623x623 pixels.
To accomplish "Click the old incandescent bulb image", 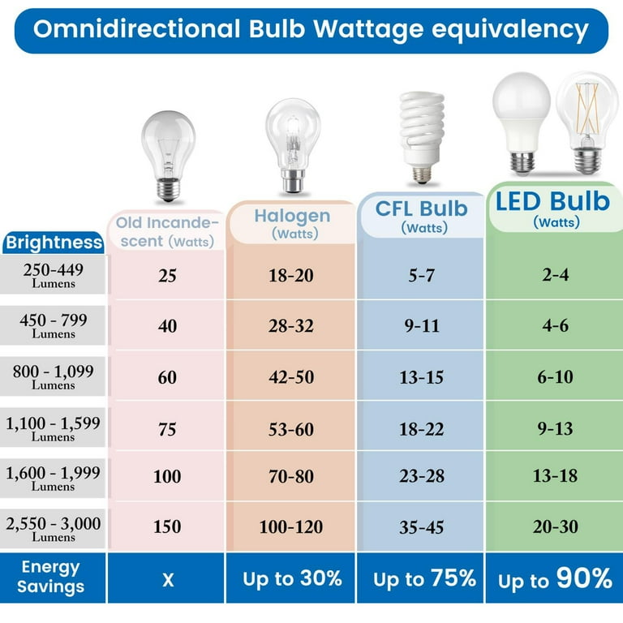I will pos(168,157).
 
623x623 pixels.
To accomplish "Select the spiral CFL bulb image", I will pos(422,135).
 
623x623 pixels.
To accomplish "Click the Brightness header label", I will pos(54,243).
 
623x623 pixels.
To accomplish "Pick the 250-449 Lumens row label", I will pos(54,275).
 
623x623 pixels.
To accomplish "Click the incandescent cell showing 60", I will pos(167,377).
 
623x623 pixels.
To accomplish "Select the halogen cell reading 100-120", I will pos(291,527).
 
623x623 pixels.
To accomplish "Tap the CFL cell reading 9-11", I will pos(421,326).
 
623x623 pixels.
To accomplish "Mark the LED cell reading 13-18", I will pos(555,476).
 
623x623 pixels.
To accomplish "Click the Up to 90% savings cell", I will pos(555,578).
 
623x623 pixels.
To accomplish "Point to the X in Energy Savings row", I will pos(167,578).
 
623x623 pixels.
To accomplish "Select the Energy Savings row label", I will pos(50,577).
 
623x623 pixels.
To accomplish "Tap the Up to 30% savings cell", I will pos(291,578).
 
